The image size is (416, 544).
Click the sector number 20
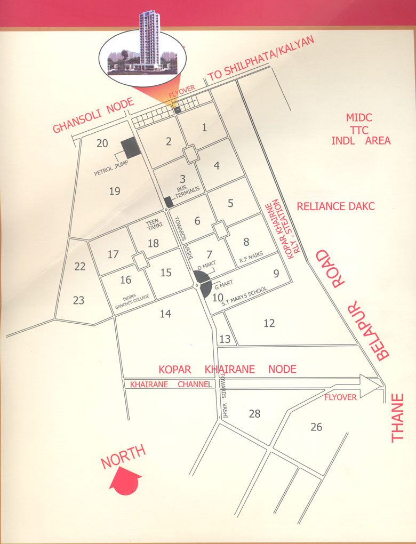coord(102,143)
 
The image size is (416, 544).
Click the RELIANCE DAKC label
coord(336,206)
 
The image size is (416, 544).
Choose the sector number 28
coord(254,413)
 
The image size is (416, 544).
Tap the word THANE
coord(399,418)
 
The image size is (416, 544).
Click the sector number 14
coord(165,314)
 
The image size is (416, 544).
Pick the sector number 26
coord(316,427)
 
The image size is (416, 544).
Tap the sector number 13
coord(225,339)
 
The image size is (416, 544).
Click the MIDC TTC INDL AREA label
coord(361,129)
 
